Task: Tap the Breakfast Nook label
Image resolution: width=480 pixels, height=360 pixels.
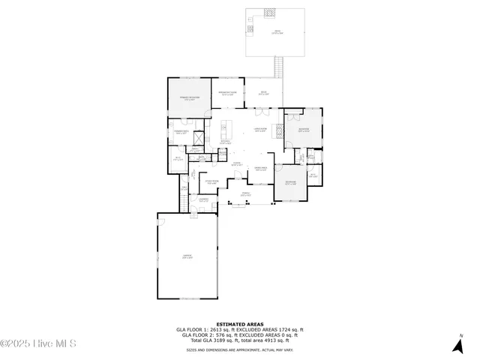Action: [227, 94]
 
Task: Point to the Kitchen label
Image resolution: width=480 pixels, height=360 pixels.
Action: [225, 142]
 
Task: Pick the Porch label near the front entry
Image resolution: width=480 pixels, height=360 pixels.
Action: [245, 193]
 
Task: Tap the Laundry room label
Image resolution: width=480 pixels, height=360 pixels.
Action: [203, 199]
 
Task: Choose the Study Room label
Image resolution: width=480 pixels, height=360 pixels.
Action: [212, 181]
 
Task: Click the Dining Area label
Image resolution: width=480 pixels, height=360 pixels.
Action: [261, 168]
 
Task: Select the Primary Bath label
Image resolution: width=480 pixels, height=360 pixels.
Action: [181, 132]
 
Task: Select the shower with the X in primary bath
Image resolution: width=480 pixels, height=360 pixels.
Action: [199, 138]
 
